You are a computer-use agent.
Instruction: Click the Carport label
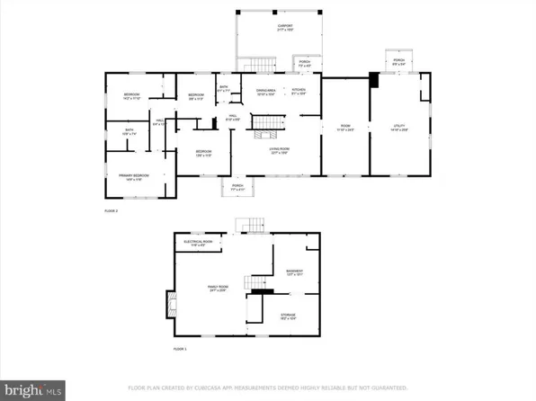pyautogui.click(x=284, y=28)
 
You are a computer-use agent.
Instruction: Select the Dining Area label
pyautogui.click(x=265, y=91)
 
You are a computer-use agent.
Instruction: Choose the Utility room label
pyautogui.click(x=400, y=127)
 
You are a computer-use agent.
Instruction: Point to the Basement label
pyautogui.click(x=294, y=272)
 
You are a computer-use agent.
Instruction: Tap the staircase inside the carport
pyautogui.click(x=262, y=64)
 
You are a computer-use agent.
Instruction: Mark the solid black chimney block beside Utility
pyautogui.click(x=375, y=78)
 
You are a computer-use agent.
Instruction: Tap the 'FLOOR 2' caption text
pyautogui.click(x=112, y=210)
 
